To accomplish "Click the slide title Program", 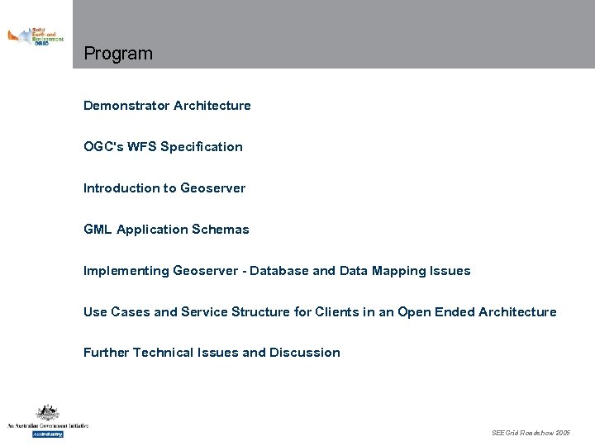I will (x=118, y=55).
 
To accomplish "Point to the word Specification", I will (x=202, y=147).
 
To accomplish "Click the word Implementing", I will (x=126, y=271).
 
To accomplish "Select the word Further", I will (x=106, y=353).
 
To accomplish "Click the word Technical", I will (x=163, y=353).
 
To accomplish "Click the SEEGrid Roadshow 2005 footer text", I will (x=531, y=433).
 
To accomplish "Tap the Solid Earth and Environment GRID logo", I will (x=36, y=36).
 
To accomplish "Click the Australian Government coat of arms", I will (x=47, y=413).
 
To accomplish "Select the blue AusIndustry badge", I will (x=47, y=434).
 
